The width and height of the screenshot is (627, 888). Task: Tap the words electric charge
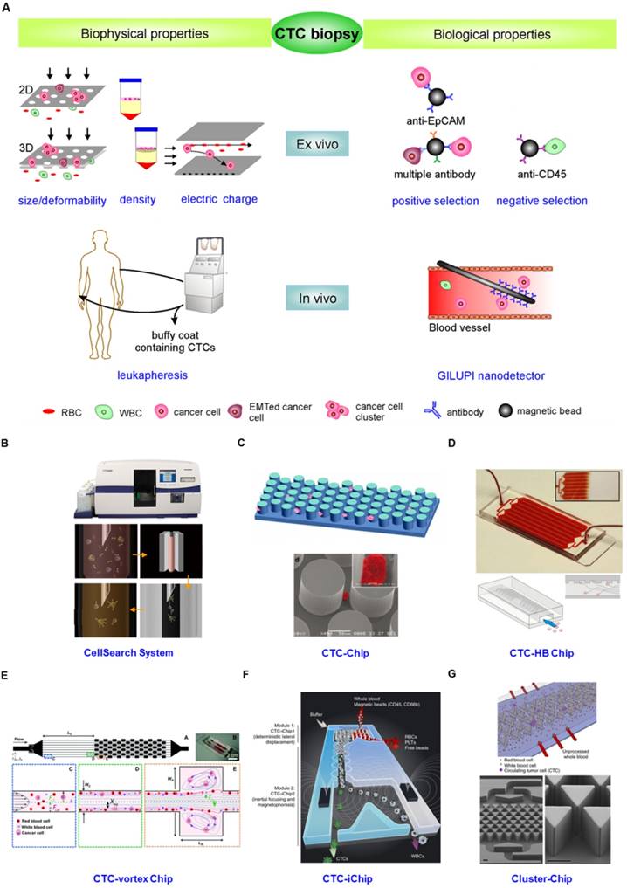[218, 200]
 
